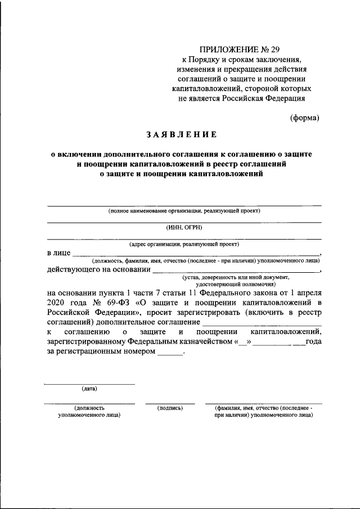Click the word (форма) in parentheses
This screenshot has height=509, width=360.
[x=305, y=118]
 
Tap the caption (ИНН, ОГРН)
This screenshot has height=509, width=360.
[x=184, y=227]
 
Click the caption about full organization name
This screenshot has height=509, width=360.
[x=184, y=211]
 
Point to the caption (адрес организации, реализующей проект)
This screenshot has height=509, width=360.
[x=184, y=244]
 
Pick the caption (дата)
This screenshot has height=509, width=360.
[x=89, y=389]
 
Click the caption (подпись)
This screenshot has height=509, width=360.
[x=170, y=407]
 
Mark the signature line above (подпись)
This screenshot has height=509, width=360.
[x=170, y=403]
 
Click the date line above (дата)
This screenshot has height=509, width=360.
[x=89, y=384]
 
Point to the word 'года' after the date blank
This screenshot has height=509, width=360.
[x=314, y=342]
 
